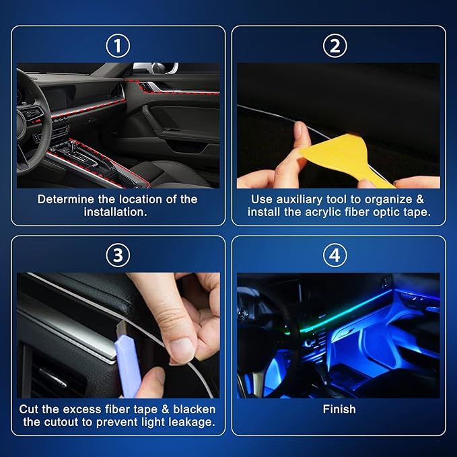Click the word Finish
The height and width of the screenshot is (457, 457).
(339, 409)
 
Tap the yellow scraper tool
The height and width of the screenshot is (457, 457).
(343, 159)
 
